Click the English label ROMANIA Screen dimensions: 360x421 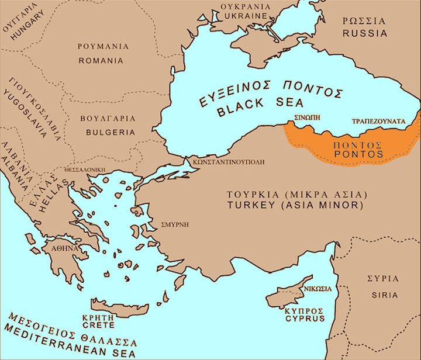[x=101, y=60]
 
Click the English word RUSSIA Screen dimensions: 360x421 [x=365, y=33]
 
